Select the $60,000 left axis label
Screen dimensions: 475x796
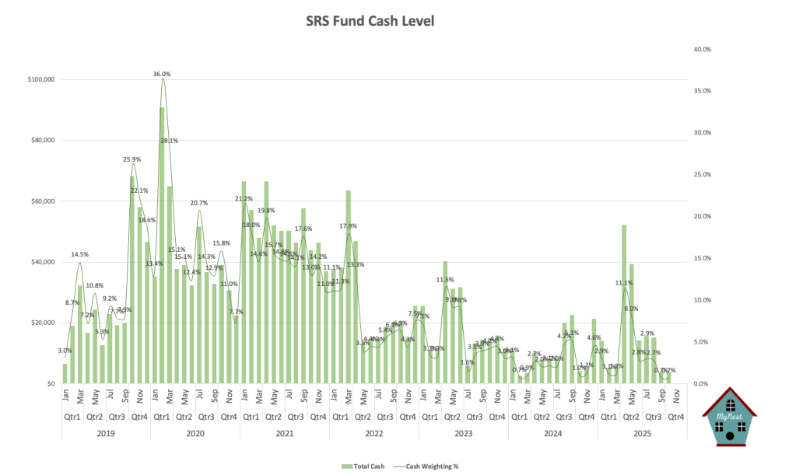click(39, 201)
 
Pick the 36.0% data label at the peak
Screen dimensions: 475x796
click(162, 74)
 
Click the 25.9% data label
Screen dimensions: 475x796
click(131, 159)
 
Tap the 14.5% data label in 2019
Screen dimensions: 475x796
click(79, 254)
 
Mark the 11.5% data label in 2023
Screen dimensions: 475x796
click(444, 279)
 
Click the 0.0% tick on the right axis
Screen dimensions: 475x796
click(700, 383)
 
